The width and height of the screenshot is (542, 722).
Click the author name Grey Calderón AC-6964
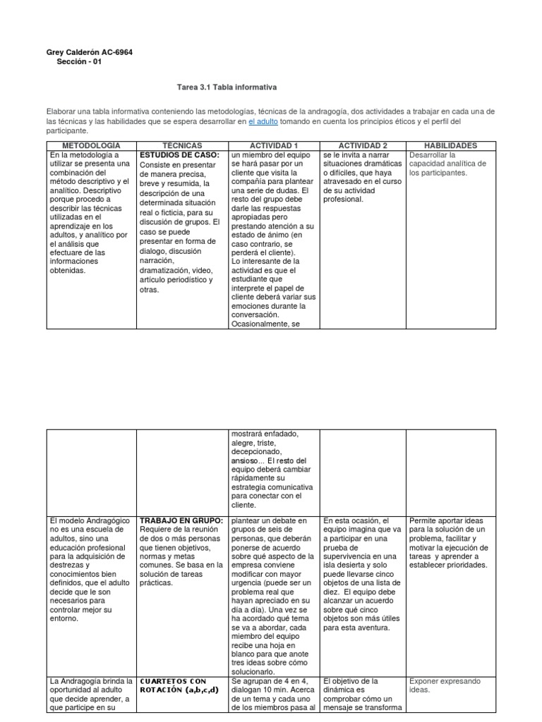coord(88,51)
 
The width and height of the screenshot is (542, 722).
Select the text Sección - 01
coord(80,61)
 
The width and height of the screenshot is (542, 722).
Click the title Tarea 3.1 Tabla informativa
coord(227,87)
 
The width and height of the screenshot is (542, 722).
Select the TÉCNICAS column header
coord(183,145)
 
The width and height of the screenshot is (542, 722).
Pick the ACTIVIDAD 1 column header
coord(274,145)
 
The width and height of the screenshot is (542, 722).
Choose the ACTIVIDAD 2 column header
coord(363,145)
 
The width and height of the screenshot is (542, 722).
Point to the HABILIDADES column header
coord(450,145)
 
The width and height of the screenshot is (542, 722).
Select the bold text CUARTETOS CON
coord(173,681)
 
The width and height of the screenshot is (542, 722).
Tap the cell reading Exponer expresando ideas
coord(445,685)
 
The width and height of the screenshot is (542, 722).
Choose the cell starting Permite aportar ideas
coord(449,543)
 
